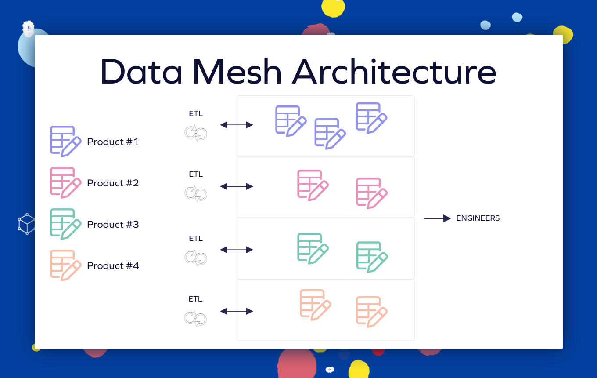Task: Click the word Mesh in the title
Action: pos(237,71)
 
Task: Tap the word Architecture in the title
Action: pos(394,71)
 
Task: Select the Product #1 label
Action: pos(113,142)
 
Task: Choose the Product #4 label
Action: pos(113,265)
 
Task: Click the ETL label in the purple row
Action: pos(196,113)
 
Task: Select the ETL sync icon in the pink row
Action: pos(196,193)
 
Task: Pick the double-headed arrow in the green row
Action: pos(237,250)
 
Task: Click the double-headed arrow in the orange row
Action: pos(237,311)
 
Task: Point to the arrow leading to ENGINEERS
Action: pos(437,218)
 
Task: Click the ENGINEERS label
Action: pos(478,218)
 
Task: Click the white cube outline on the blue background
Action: pos(27,224)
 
